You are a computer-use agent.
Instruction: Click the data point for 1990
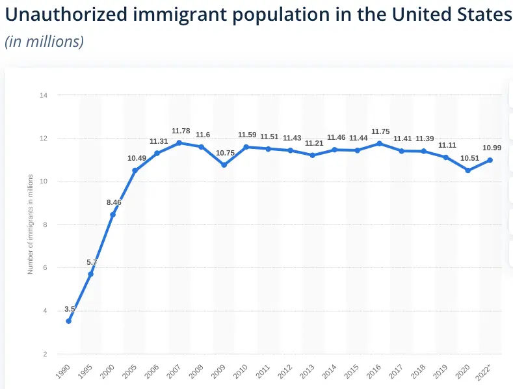tap(68, 321)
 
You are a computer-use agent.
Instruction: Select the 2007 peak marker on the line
tap(179, 142)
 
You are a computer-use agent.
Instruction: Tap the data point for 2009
tap(224, 165)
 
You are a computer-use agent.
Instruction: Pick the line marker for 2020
tap(467, 170)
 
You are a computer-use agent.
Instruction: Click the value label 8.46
tap(114, 202)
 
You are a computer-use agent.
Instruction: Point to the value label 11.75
tap(379, 131)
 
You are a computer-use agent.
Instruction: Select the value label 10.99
tap(491, 148)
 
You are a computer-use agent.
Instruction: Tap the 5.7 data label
tap(92, 263)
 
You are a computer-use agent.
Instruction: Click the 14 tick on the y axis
tap(44, 96)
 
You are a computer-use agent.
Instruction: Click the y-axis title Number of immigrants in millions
tap(30, 225)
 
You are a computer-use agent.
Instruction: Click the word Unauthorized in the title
tap(65, 15)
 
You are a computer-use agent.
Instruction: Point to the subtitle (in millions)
tap(44, 42)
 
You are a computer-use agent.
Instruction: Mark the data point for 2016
tap(379, 143)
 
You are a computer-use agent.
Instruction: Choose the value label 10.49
tap(137, 158)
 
